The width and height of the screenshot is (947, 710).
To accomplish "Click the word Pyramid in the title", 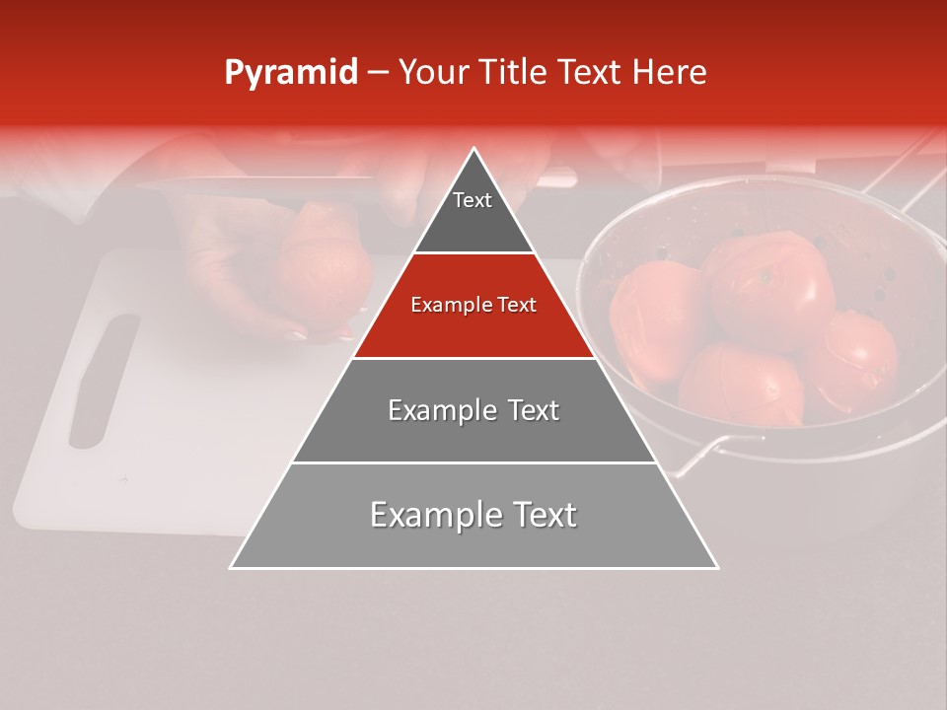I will click(x=290, y=73).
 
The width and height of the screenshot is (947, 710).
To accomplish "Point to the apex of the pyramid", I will click(x=474, y=151).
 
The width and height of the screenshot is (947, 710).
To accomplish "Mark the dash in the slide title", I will click(x=378, y=73).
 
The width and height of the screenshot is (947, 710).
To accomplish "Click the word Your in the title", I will click(x=432, y=73).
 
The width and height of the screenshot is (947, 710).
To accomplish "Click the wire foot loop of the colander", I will click(x=705, y=453).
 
